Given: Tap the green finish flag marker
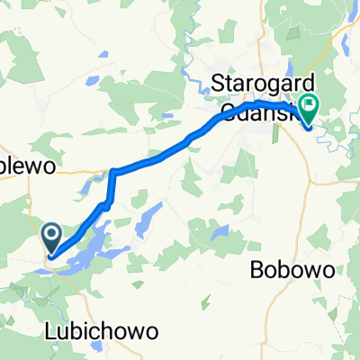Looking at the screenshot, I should tap(309, 110).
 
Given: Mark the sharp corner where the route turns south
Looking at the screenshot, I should tap(112, 171).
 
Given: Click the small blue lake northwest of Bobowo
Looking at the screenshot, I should tap(220, 233).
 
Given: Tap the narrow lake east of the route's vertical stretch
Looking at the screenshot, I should tap(144, 220).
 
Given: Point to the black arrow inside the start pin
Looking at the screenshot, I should tap(51, 237).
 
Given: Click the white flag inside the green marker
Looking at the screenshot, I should tap(309, 107).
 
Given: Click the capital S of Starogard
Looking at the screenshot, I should tap(217, 84).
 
